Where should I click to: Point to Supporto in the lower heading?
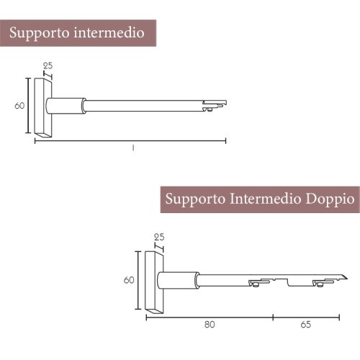tap(197, 199)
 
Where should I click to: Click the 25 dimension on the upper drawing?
tap(48, 66)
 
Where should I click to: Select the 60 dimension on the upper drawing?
tap(20, 105)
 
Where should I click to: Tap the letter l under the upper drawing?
tap(132, 148)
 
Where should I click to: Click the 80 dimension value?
tap(210, 325)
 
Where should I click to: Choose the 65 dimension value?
tap(305, 325)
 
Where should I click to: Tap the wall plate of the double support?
tap(154, 281)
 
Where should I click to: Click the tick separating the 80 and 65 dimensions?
tap(272, 315)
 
